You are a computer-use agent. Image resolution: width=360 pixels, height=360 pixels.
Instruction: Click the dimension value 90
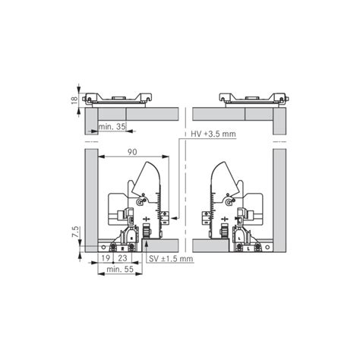click(x=132, y=152)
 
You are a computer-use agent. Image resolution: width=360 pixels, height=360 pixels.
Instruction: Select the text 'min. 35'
click(x=112, y=127)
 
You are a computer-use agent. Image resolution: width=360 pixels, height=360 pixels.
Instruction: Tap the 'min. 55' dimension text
click(x=120, y=269)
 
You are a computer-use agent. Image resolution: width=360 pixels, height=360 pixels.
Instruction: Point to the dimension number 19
click(x=106, y=258)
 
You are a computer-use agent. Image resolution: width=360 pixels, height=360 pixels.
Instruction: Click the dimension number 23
click(x=122, y=258)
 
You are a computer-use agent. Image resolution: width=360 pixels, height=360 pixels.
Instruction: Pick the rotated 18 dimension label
click(x=74, y=100)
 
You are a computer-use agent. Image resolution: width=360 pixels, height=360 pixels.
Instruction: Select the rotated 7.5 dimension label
click(x=74, y=232)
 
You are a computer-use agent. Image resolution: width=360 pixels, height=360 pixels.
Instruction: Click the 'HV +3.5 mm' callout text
click(x=213, y=134)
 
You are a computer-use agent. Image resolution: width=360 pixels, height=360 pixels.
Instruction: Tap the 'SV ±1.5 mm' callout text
click(x=171, y=259)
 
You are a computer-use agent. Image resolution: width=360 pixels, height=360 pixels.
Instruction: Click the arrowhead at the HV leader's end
click(x=174, y=217)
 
